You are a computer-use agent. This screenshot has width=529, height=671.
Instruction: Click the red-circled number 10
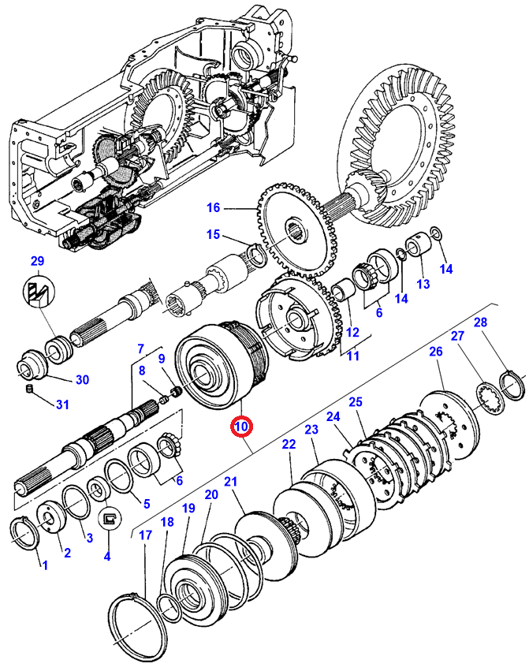click(x=241, y=427)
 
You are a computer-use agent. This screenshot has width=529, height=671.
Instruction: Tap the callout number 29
click(x=38, y=261)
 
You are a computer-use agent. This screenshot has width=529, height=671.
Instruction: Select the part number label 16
click(x=214, y=208)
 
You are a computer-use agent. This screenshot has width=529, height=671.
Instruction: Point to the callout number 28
click(x=481, y=322)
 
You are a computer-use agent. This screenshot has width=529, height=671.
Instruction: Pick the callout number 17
click(x=145, y=535)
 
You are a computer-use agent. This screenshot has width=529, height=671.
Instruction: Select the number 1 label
click(x=44, y=565)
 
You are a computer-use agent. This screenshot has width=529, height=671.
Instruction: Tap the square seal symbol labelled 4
click(x=110, y=517)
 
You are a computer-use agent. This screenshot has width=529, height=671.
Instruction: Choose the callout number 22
click(x=289, y=445)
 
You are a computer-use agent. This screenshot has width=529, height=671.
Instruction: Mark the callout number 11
click(x=352, y=356)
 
